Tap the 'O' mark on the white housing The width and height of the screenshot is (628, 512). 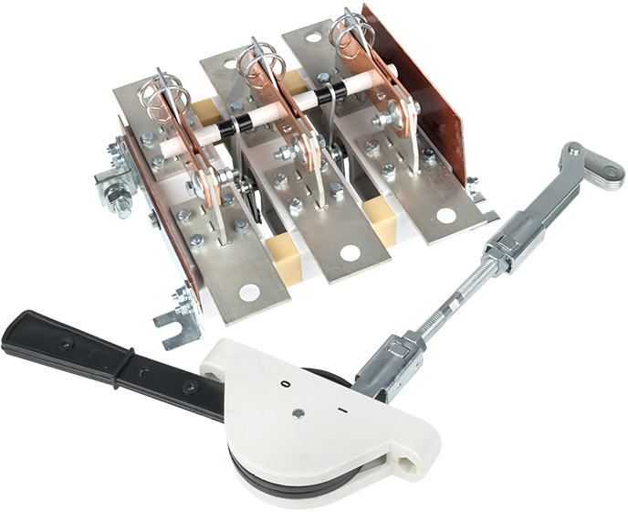tap(286, 384)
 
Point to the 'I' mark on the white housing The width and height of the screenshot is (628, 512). tap(342, 411)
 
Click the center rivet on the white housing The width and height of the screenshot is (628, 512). tap(298, 413)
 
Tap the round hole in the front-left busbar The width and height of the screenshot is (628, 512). tap(249, 292)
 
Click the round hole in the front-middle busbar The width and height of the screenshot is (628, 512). tap(350, 252)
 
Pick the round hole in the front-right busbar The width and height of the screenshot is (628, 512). tap(445, 216)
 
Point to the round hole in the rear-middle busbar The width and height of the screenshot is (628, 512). tap(230, 63)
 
